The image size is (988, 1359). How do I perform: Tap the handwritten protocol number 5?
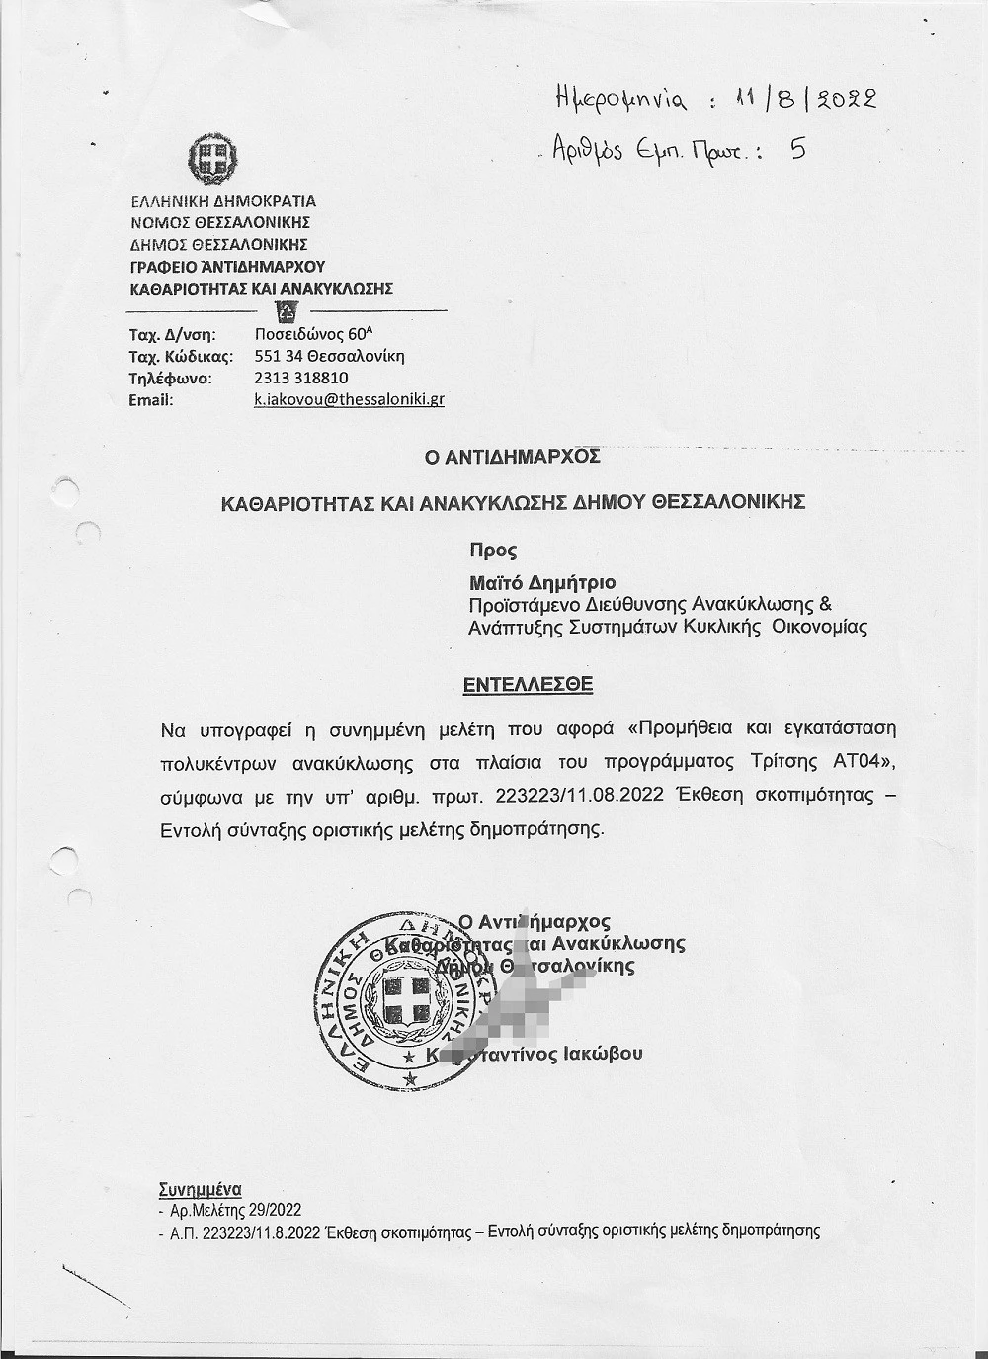coord(798,150)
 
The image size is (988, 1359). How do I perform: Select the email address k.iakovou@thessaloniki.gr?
coord(349,399)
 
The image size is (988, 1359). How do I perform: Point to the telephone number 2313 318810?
coord(301,378)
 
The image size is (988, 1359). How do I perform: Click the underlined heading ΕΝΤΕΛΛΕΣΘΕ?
coord(529,684)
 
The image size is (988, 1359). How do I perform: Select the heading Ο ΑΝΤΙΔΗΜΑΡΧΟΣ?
coord(512,457)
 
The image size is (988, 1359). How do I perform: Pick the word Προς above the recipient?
coord(493,552)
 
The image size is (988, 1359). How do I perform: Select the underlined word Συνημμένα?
coord(200,1190)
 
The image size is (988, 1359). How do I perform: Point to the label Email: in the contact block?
coord(151,399)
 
